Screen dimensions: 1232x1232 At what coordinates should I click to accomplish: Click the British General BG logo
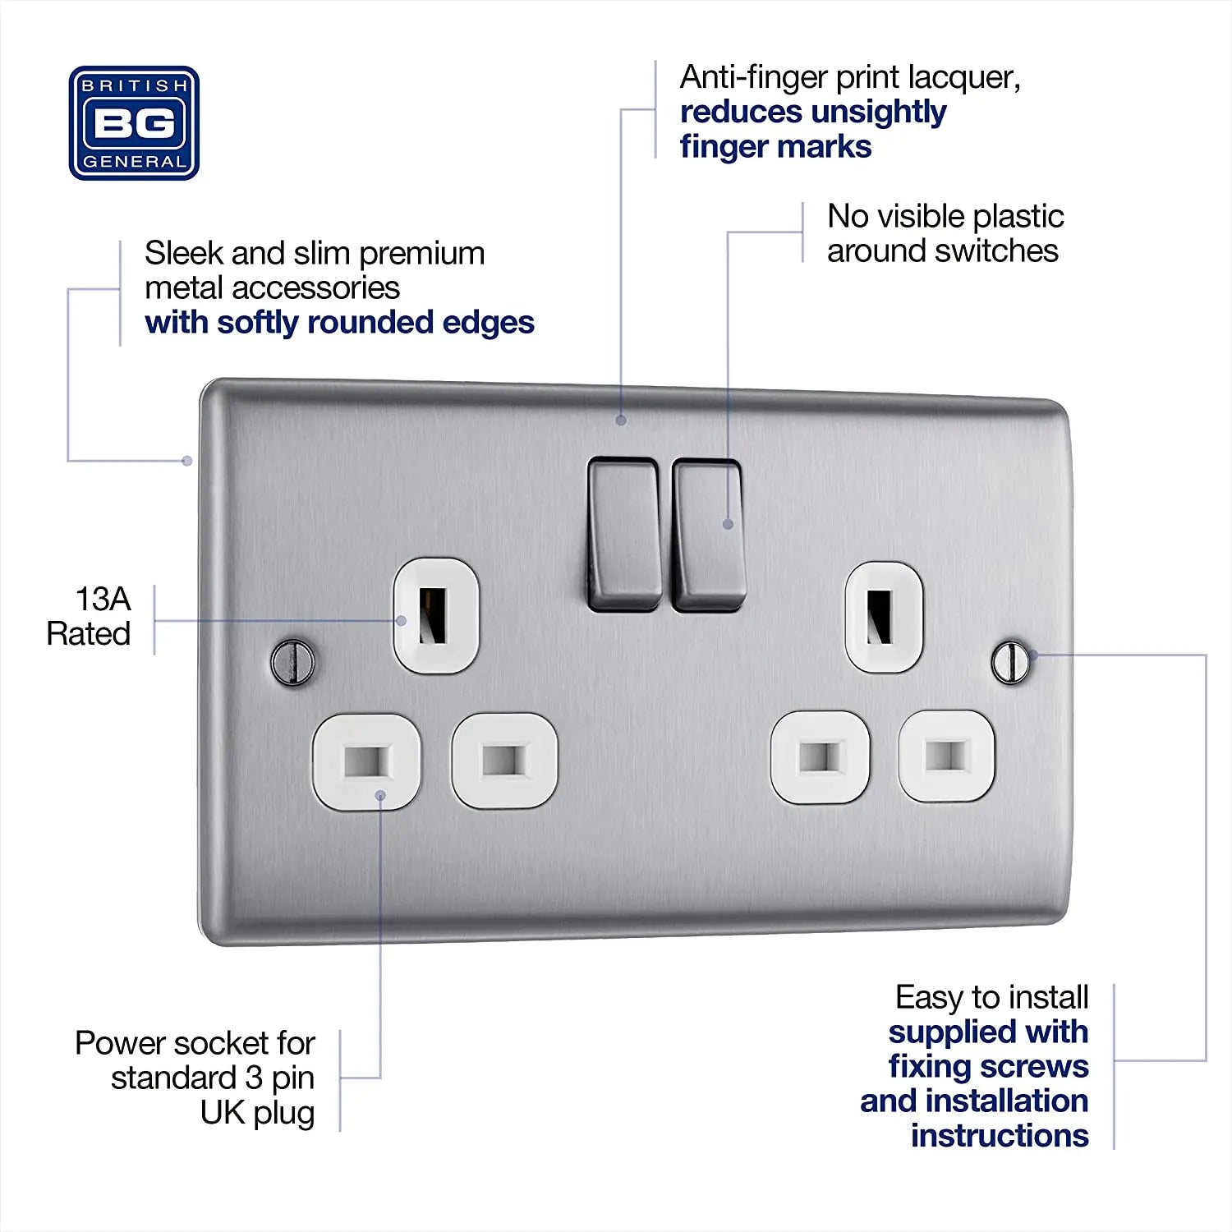pyautogui.click(x=134, y=123)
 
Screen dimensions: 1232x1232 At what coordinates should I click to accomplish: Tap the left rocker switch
pyautogui.click(x=624, y=534)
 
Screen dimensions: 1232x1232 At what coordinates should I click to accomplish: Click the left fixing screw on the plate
pyautogui.click(x=292, y=661)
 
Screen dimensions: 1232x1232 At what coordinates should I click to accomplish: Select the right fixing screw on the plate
pyautogui.click(x=1010, y=661)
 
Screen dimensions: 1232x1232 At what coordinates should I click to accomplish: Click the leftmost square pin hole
pyautogui.click(x=366, y=761)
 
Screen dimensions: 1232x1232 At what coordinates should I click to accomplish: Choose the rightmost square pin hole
pyautogui.click(x=947, y=756)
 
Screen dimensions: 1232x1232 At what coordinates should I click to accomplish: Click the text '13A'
pyautogui.click(x=103, y=600)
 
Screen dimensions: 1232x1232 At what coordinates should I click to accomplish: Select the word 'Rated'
pyautogui.click(x=89, y=634)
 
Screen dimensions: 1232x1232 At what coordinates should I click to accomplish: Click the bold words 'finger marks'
pyautogui.click(x=775, y=147)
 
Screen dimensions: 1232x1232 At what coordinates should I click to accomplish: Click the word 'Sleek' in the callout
pyautogui.click(x=184, y=253)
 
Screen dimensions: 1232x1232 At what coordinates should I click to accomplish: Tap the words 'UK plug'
pyautogui.click(x=257, y=1113)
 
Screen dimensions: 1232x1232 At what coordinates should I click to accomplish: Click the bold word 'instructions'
pyautogui.click(x=1000, y=1136)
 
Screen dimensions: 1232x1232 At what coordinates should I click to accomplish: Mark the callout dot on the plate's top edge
pyautogui.click(x=621, y=421)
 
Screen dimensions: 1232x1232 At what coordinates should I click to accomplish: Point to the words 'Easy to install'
pyautogui.click(x=991, y=997)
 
